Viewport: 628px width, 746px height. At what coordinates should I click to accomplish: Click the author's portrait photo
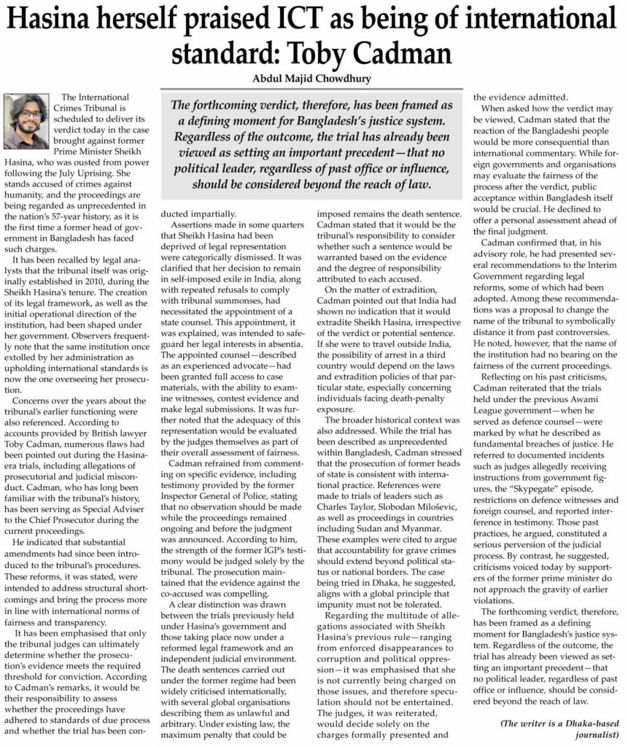(x=29, y=122)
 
